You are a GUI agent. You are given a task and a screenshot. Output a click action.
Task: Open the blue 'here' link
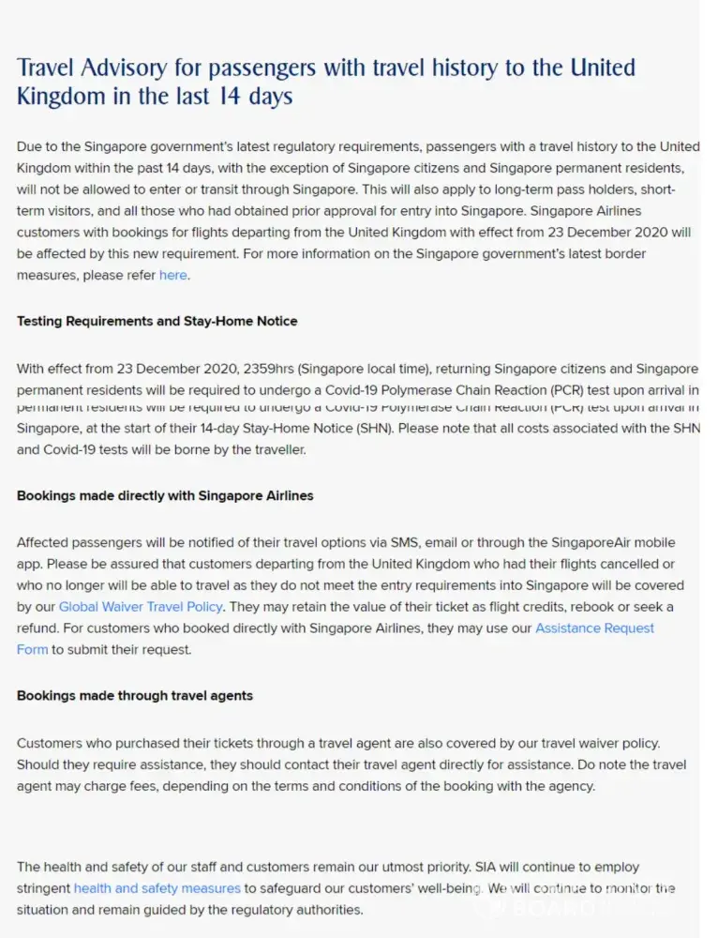[x=172, y=275]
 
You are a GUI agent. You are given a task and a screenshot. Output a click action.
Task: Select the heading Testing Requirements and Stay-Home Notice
[x=157, y=321]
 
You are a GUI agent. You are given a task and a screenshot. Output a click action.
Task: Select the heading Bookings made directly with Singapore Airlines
[x=165, y=495]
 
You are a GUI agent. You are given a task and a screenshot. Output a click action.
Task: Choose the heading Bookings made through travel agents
[x=135, y=696]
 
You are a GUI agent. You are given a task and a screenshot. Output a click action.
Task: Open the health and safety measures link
[x=157, y=887]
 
